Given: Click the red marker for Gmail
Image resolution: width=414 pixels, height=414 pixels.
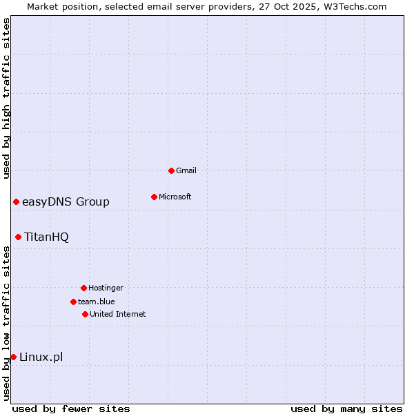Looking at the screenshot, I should click(171, 170).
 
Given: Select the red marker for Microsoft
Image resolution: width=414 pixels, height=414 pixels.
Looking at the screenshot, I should click(154, 197).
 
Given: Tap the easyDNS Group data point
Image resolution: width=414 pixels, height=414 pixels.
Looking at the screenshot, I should click(16, 201).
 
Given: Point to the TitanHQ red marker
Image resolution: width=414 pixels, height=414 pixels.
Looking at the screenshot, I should click(18, 237).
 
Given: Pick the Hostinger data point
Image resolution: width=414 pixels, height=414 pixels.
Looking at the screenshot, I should click(83, 288).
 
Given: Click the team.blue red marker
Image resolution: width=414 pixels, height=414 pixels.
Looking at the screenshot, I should click(73, 302).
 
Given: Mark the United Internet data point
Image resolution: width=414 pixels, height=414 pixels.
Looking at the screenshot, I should click(85, 314).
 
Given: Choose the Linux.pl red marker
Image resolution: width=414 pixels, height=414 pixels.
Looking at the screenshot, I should click(13, 357).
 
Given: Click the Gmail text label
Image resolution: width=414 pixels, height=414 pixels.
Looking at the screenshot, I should click(186, 170).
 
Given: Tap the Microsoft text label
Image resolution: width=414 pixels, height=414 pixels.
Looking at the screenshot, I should click(175, 197).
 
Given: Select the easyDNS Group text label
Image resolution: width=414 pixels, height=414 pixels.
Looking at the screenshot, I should click(66, 201).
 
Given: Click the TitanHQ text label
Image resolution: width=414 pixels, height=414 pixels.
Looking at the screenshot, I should click(46, 237).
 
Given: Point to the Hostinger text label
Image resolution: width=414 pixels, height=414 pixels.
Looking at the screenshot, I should click(106, 288).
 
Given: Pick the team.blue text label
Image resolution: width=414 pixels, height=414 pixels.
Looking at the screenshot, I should click(97, 302).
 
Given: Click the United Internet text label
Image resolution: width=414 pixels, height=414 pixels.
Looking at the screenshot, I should click(118, 314).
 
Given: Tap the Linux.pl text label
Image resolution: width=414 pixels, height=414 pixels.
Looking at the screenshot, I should click(41, 357).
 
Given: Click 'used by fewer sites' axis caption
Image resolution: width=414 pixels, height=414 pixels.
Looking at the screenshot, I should click(71, 408).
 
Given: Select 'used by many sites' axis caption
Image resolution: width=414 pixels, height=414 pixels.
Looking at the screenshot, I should click(346, 408).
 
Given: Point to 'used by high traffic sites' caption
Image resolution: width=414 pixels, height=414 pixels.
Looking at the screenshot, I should click(6, 98).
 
